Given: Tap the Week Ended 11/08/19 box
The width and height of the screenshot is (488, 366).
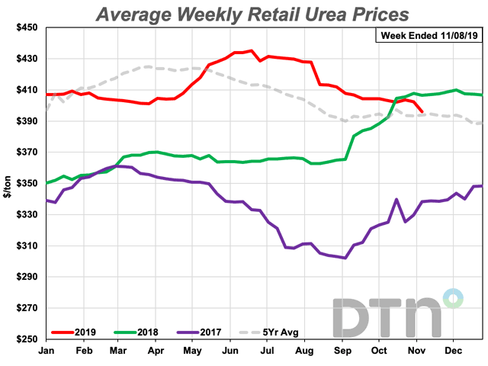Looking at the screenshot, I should pyautogui.click(x=429, y=35).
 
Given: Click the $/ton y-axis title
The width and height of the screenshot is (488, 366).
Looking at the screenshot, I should pyautogui.click(x=7, y=183).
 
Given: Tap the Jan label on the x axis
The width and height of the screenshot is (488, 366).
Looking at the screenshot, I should pyautogui.click(x=47, y=352).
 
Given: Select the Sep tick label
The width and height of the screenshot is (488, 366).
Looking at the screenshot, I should pyautogui.click(x=342, y=352).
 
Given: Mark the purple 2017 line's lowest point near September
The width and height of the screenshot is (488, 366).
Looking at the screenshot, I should pyautogui.click(x=345, y=258).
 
